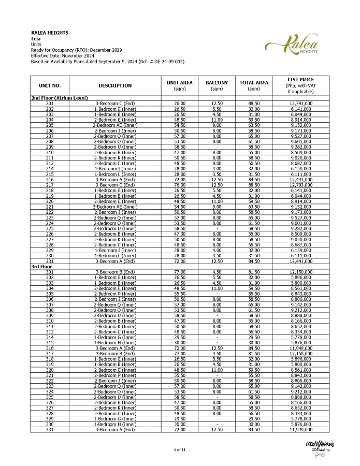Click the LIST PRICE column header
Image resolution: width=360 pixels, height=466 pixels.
point(300,85)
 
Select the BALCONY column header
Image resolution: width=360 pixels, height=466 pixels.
point(217,85)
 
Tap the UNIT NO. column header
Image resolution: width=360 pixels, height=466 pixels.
point(50,85)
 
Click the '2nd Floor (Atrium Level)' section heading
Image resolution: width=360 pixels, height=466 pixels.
point(60,98)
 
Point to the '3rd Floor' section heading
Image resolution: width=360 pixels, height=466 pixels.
point(42,266)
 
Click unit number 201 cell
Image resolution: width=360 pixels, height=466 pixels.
point(50,104)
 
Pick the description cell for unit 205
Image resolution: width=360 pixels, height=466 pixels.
point(115,125)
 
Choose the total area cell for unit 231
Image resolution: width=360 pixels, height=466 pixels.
point(254,261)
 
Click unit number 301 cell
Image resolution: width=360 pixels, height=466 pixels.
point(50,272)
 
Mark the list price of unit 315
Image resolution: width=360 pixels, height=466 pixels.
point(300,342)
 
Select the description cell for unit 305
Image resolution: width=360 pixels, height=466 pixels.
point(115,293)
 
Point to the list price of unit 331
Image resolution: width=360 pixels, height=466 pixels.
point(300,429)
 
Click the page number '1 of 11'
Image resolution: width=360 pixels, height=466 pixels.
point(180,450)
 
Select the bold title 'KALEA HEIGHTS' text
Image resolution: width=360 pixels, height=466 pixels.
point(50,33)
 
